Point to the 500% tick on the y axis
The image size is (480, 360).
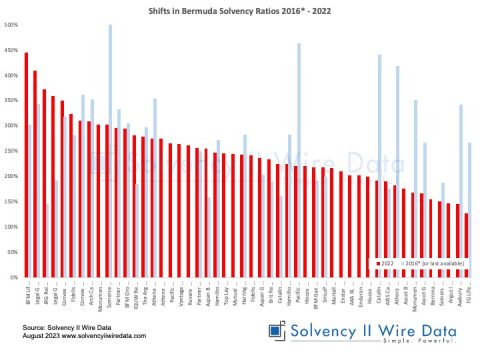point(11,25)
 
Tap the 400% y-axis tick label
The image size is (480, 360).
point(11,75)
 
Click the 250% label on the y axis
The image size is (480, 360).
point(11,151)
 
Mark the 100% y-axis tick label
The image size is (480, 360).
point(11,226)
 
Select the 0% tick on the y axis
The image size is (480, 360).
point(13,277)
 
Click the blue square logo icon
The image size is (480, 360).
point(276,333)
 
